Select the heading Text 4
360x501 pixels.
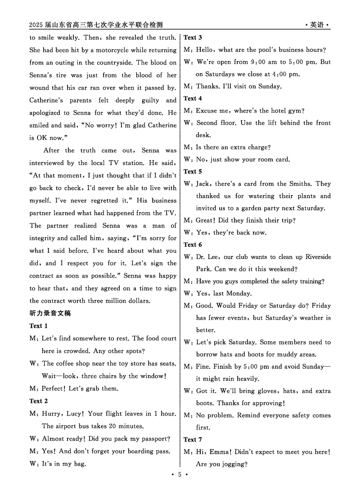point(193,98)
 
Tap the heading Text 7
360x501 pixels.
point(193,439)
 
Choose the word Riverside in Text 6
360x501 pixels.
point(318,257)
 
